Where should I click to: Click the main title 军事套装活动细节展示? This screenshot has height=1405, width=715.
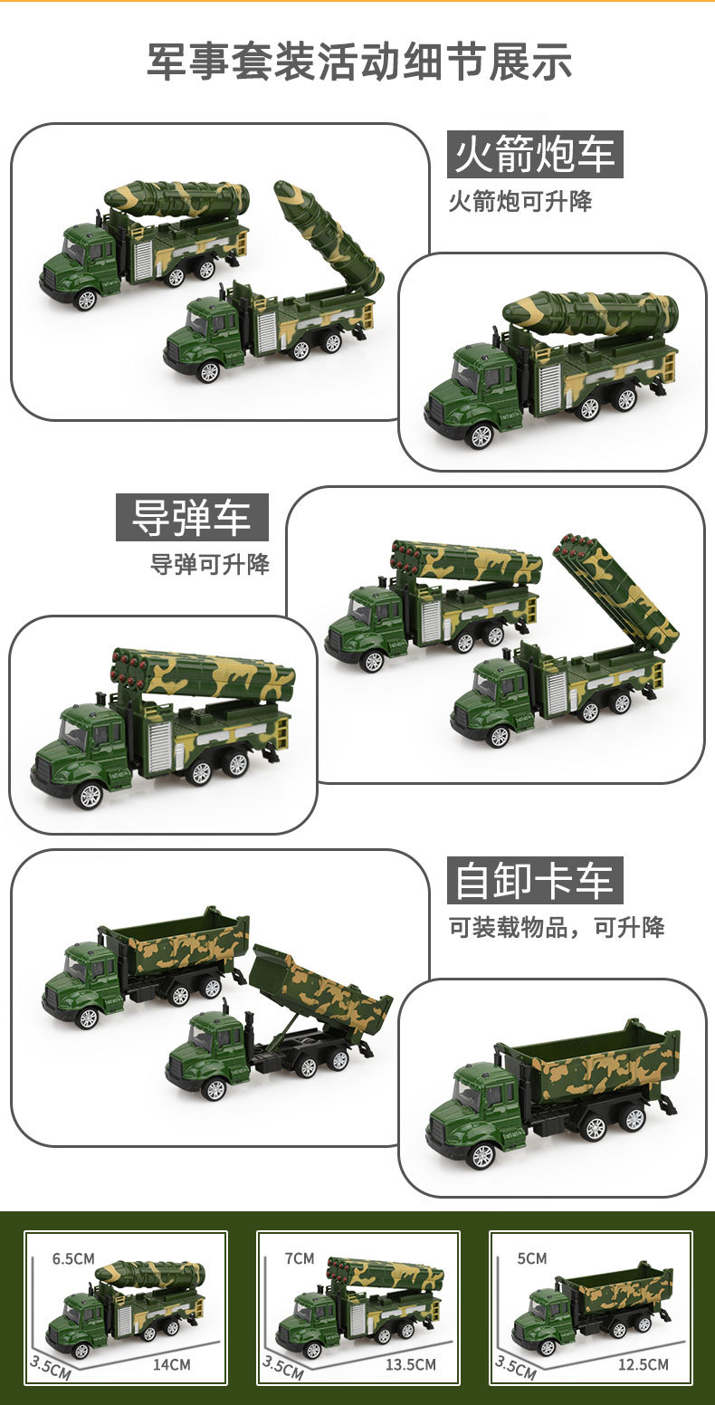359,62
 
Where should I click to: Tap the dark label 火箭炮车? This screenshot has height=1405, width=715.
535,155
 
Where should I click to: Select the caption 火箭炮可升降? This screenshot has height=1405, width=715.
520,201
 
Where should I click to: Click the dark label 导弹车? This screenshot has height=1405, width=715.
192,518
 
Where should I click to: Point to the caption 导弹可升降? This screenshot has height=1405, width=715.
209,564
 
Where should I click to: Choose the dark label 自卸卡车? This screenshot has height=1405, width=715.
535,881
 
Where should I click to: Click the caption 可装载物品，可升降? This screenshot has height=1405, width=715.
557,927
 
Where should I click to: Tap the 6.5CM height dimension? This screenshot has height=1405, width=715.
73,1258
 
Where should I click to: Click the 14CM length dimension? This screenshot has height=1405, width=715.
172,1364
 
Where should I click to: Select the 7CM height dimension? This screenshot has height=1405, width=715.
299,1258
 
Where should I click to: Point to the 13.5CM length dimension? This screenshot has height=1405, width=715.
411,1364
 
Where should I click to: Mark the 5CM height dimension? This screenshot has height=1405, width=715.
532,1258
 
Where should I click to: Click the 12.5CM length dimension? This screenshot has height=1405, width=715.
643,1364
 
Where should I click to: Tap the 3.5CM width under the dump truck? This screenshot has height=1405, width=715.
515,1367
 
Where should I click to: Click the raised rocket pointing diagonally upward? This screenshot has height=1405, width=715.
329,234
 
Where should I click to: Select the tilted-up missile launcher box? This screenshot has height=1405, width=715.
617,591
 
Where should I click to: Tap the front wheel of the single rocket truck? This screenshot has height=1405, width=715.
480,435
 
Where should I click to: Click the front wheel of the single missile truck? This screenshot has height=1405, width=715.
89,795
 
